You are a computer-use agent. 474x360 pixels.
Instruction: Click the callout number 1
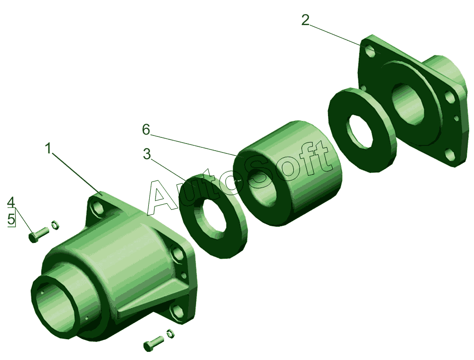point(48,149)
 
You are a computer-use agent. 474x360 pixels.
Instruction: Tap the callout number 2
point(306,20)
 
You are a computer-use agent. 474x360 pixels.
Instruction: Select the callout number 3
point(146,154)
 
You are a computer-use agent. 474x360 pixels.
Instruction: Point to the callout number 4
point(11,202)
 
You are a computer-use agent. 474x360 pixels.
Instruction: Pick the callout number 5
point(11,219)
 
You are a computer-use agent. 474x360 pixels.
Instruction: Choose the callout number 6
point(146,130)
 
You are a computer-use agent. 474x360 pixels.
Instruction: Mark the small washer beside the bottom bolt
point(170,333)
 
